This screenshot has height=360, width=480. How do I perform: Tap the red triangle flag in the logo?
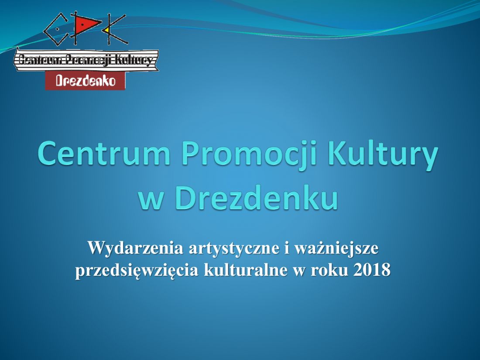click(87, 24)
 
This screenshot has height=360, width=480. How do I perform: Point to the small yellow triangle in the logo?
click(106, 30)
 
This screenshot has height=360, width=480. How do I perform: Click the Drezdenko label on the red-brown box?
click(86, 81)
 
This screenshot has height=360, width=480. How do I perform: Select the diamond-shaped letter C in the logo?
click(56, 30)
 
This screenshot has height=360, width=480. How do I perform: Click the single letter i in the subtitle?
click(287, 248)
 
